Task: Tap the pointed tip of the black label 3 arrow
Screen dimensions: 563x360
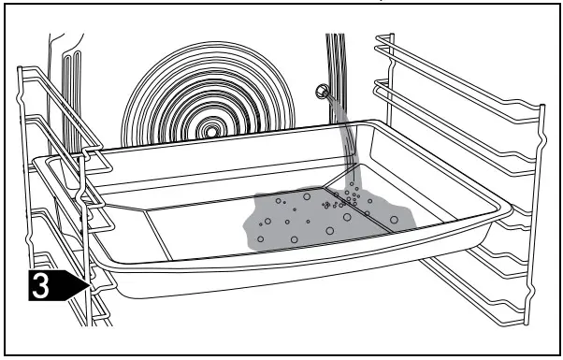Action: pyautogui.click(x=87, y=287)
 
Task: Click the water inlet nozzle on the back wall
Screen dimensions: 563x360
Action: pyautogui.click(x=321, y=91)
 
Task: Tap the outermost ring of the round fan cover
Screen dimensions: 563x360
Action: pyautogui.click(x=136, y=112)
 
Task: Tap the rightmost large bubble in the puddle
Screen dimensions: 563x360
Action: pyautogui.click(x=393, y=221)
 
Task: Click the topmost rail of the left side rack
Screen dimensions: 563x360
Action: pyautogui.click(x=37, y=75)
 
